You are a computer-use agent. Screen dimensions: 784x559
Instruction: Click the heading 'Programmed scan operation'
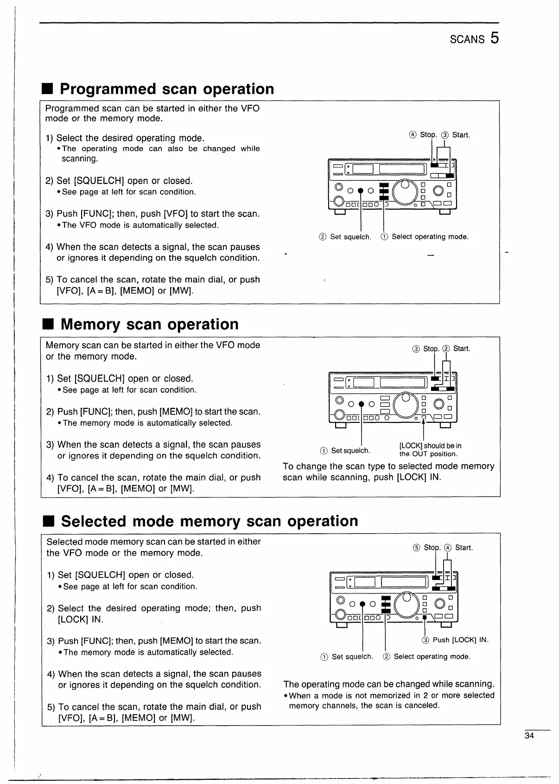coord(167,89)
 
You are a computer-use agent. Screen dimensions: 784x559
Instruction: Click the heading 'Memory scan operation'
coord(149,324)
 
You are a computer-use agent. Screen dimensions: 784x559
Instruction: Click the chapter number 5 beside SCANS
coord(494,38)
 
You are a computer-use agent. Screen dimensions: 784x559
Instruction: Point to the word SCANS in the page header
coord(467,39)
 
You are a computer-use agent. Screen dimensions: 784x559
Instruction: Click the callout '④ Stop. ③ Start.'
coord(439,135)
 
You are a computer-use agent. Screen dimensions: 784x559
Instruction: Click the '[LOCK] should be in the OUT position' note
coord(430,450)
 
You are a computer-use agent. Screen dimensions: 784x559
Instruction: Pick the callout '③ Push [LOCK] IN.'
coord(455,640)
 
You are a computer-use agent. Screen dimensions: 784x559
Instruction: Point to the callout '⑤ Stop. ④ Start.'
coord(443,548)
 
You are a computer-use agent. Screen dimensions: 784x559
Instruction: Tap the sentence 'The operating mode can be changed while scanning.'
coord(388,684)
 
